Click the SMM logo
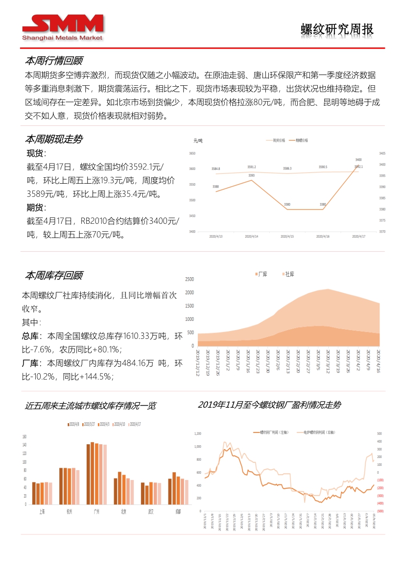63,27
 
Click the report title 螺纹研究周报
337,29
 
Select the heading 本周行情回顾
54,61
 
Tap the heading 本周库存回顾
54,275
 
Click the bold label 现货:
36,154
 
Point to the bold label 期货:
36,207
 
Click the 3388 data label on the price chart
216,187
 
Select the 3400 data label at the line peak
358,160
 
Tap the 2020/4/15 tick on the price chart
287,237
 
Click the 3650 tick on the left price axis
192,153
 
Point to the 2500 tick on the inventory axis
189,280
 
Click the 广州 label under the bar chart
96,511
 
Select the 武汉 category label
151,511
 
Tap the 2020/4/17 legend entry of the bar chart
134,424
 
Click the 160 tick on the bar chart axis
24,436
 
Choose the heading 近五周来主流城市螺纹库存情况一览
91,406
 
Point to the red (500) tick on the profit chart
380,511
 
